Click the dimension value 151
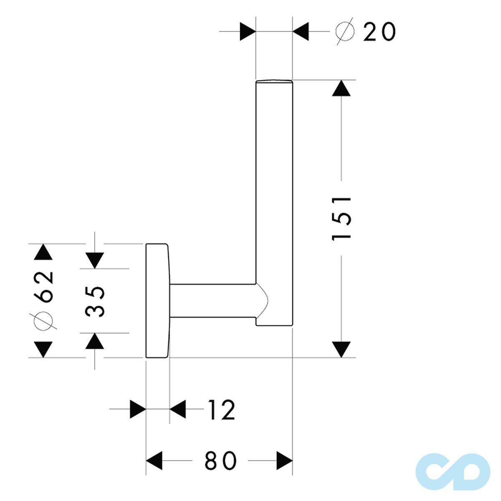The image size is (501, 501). point(342,218)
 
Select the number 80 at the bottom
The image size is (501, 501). point(220,461)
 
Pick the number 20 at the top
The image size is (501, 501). point(379,32)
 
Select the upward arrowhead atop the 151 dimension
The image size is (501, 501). point(342,88)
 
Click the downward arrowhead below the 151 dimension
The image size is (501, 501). point(342,349)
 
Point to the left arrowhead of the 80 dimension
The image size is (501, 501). point(154,461)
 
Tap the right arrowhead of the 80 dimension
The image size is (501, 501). point(285,461)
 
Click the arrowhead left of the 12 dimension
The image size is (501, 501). point(138,410)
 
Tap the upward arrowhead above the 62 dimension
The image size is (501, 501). point(43,253)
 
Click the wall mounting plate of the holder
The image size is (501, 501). point(157,301)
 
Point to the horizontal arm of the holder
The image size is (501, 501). point(213,301)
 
